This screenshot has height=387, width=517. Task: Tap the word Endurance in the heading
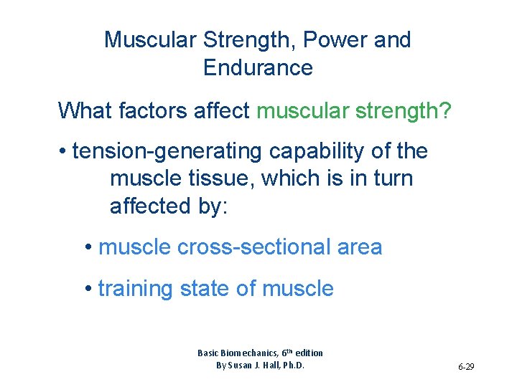[x=258, y=68]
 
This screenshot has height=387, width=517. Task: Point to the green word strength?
[x=402, y=111]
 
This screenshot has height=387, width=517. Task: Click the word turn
[x=392, y=178]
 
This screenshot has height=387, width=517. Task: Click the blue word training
[x=136, y=289]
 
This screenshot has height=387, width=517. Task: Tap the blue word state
[x=207, y=289]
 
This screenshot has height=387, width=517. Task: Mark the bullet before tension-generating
[x=64, y=152]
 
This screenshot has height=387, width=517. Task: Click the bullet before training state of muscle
[x=87, y=289]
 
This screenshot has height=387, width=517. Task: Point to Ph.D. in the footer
[x=292, y=365]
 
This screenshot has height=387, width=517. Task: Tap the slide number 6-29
[x=465, y=367]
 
